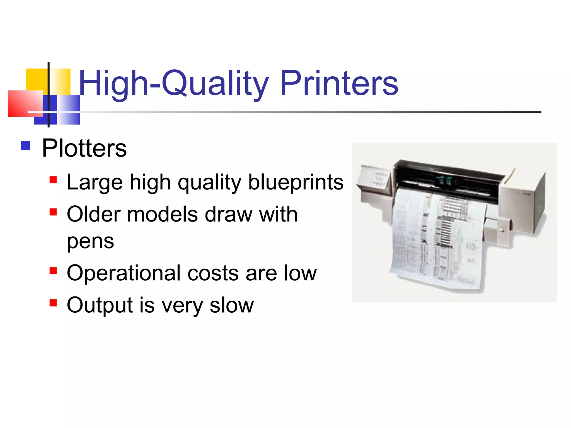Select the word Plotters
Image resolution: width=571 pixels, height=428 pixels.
click(84, 148)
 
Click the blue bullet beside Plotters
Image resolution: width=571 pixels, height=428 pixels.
click(26, 145)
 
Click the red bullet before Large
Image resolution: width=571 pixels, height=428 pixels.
click(53, 180)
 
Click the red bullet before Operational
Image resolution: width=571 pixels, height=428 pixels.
click(53, 271)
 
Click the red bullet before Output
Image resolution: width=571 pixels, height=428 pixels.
click(53, 303)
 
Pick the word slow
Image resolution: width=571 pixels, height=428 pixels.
click(232, 305)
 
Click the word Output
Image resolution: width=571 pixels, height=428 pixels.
click(100, 305)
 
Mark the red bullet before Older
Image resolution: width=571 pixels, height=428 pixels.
click(53, 212)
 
